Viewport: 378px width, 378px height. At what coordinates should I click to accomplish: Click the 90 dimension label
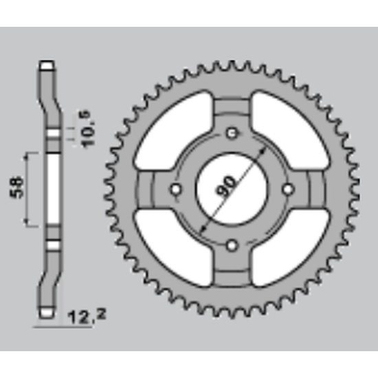(226, 186)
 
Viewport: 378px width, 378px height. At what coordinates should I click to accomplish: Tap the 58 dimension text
(17, 188)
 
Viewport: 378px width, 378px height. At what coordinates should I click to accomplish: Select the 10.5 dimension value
(89, 129)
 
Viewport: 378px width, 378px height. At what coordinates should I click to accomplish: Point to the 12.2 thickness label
(87, 317)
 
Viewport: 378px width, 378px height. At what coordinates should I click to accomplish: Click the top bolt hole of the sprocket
(232, 133)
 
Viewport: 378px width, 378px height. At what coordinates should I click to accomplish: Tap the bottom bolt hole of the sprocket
(232, 245)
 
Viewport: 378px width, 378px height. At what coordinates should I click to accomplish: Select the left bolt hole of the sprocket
(175, 189)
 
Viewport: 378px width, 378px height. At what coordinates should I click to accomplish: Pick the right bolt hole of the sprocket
(289, 189)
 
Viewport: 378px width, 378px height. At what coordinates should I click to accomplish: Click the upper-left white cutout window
(174, 131)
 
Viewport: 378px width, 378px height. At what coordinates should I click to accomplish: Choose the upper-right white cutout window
(290, 131)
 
